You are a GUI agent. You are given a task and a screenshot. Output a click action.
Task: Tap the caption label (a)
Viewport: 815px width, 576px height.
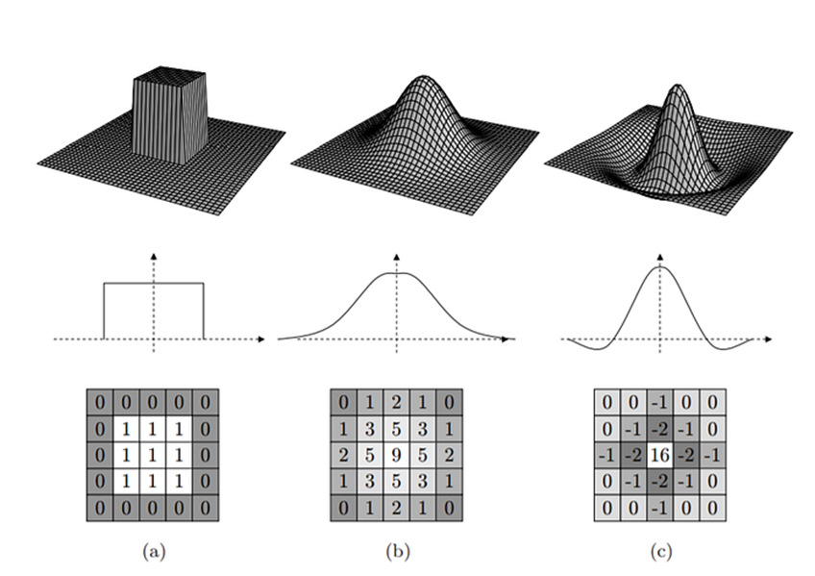pos(152,551)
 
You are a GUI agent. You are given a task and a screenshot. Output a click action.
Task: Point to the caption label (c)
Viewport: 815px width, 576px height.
pos(659,551)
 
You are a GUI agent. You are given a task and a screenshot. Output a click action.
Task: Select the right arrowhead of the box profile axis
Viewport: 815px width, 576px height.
pos(262,339)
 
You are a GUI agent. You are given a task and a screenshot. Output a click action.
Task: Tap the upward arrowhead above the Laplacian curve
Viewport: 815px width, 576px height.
pos(659,257)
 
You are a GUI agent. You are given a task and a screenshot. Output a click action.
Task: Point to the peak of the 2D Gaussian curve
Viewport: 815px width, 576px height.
pos(397,274)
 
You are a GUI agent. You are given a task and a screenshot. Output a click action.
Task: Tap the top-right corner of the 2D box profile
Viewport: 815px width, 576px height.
pos(204,283)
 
